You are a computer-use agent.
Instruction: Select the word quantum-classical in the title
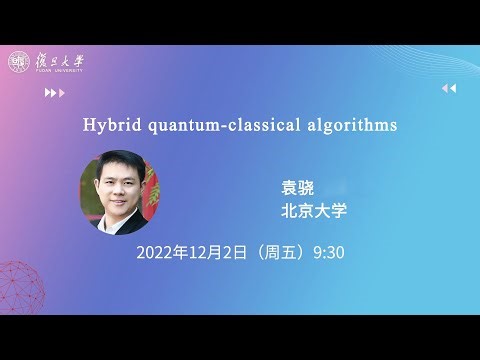pyautogui.click(x=218, y=126)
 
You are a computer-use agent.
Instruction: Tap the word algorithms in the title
pyautogui.click(x=346, y=126)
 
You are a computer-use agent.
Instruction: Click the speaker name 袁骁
pyautogui.click(x=298, y=187)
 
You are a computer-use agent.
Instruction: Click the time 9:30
pyautogui.click(x=329, y=251)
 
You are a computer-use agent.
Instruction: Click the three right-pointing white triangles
pyautogui.click(x=55, y=93)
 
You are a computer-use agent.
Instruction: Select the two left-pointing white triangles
pyautogui.click(x=449, y=89)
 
